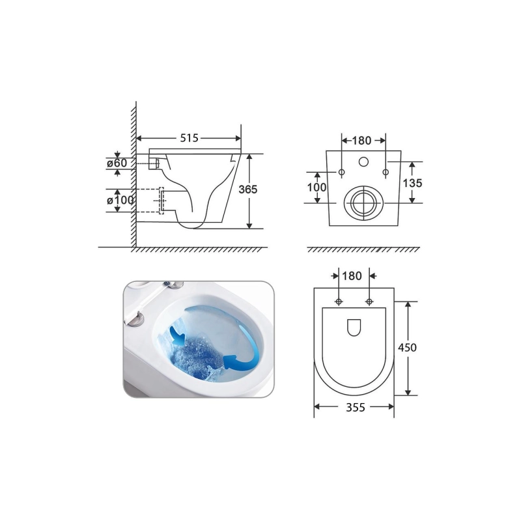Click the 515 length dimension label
189,138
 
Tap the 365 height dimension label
248,190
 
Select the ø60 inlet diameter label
117,163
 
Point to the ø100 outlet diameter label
120,200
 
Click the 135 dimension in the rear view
412,183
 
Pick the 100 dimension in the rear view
317,187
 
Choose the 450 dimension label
407,348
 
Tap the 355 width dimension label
356,407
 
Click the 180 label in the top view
352,275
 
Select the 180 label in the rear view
361,141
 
